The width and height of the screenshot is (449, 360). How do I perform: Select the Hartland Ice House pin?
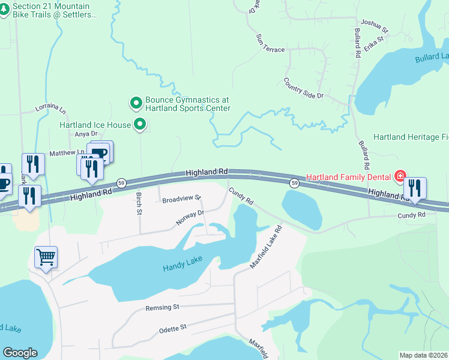coord(140,125)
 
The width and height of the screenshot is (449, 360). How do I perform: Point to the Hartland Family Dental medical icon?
coord(400,176)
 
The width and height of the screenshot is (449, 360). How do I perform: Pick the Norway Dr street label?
coord(190,217)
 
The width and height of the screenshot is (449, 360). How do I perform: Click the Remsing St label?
coord(162,307)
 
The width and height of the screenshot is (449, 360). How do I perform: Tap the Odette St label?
coord(173,328)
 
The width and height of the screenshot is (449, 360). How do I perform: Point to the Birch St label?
coord(138,203)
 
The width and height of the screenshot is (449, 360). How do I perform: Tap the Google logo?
coord(20,353)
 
